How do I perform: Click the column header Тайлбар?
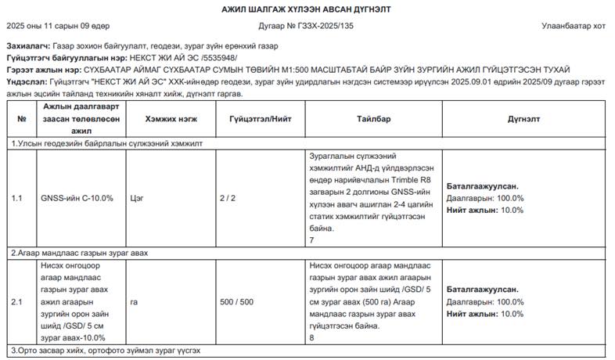[373, 119]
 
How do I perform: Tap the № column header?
[21, 119]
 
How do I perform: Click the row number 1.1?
[17, 198]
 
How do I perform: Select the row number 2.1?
[17, 301]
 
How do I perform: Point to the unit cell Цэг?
[138, 198]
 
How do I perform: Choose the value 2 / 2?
[228, 198]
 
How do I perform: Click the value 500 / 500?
[236, 301]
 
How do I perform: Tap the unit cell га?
[135, 301]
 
